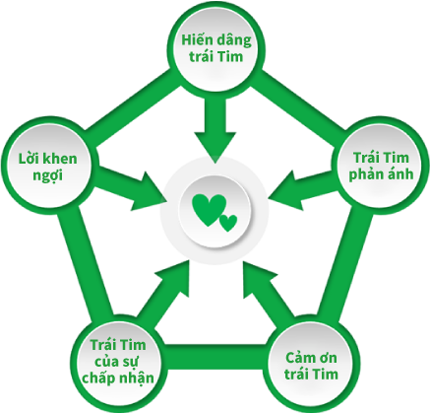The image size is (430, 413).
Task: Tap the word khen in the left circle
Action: [x=60, y=159]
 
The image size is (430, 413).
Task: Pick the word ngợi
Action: [x=47, y=175]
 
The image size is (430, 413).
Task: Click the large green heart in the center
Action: [x=210, y=210]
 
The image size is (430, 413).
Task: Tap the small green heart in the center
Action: [x=228, y=223]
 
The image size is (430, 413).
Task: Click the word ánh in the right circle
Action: [x=400, y=173]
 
